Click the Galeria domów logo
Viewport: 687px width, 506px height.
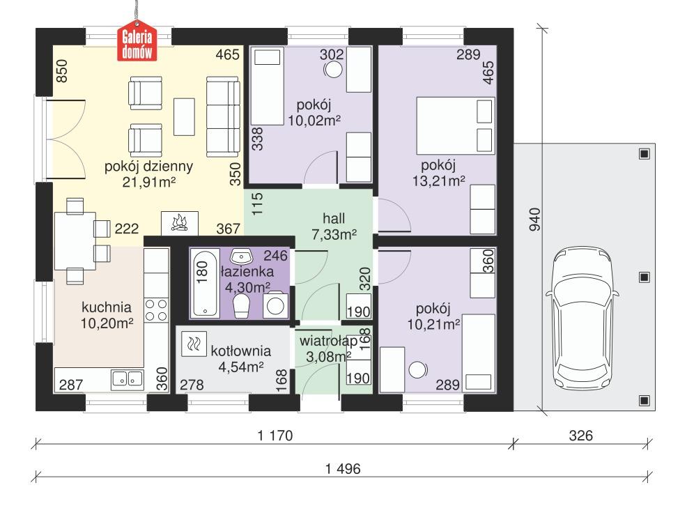[x=137, y=43]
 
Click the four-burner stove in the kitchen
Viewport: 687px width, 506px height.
[x=155, y=311]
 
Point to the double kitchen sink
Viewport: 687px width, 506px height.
[x=127, y=379]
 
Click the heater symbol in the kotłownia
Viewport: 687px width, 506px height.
[x=193, y=343]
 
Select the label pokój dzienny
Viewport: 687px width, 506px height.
[x=148, y=167]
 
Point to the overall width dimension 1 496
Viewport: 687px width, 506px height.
[x=342, y=469]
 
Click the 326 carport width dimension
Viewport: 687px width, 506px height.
[x=580, y=436]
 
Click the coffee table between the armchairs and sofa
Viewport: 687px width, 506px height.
[x=185, y=116]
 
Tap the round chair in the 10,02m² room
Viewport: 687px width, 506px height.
[x=334, y=70]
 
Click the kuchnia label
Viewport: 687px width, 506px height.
[x=107, y=307]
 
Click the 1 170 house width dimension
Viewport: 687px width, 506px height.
[x=272, y=436]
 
